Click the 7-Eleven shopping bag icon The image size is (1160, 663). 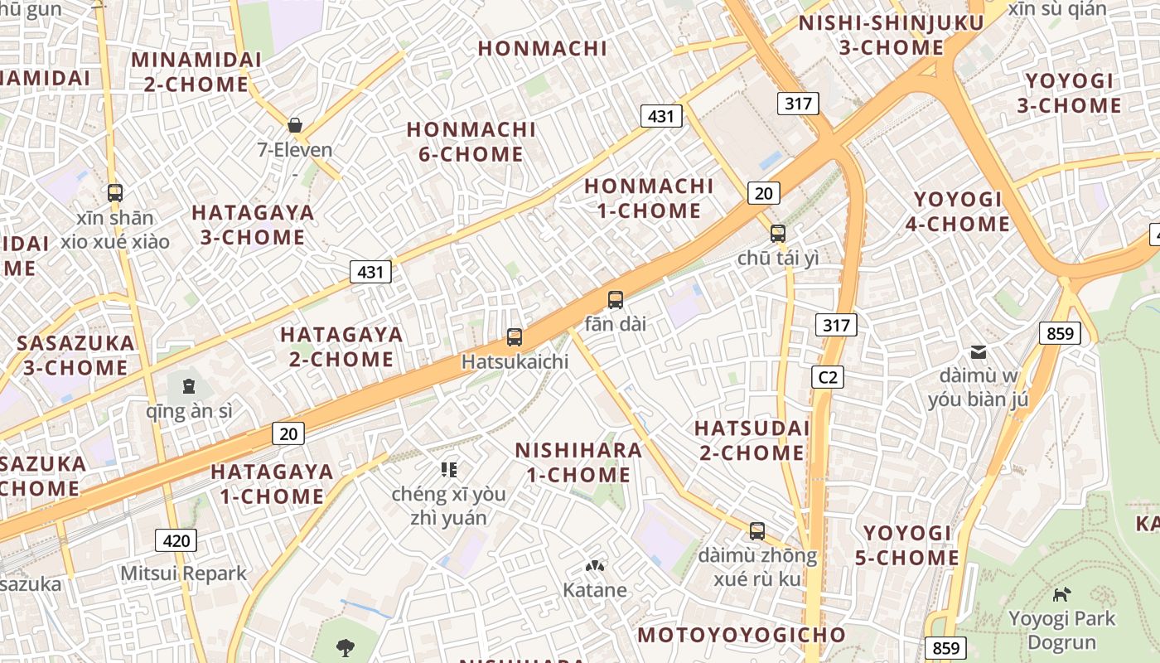295,125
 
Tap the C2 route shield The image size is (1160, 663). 827,378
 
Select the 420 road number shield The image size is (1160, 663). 176,541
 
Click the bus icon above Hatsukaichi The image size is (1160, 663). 515,337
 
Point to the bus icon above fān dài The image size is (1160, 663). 615,300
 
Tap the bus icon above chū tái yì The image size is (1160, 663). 777,234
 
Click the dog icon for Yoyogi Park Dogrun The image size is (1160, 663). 1061,593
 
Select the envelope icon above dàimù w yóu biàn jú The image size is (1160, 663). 979,352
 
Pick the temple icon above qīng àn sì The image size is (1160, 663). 189,385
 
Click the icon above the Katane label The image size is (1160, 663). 594,566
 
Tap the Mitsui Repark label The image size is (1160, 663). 184,573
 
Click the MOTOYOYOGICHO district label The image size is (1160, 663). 742,636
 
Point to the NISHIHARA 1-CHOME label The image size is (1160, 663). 578,462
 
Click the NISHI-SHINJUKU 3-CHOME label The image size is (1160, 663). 891,35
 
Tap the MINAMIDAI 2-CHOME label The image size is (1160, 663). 196,72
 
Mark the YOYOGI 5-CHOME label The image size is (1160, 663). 907,545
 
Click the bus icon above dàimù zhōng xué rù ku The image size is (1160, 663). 756,530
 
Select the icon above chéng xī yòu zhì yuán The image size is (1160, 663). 449,471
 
